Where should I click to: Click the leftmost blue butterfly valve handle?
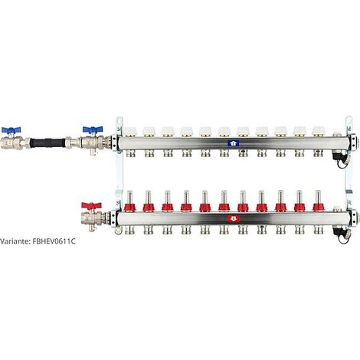coord(11,130)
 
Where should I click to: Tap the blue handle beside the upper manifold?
coord(93,129)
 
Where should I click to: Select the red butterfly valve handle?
coord(91,205)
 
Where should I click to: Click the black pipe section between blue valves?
coord(47,142)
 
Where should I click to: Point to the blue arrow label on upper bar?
coord(233,143)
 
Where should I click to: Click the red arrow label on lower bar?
coord(234,219)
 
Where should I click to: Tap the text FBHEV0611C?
coord(54,241)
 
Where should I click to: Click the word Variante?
coord(15,241)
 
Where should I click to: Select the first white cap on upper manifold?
coord(130,131)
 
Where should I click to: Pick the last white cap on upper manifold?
coord(318,131)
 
